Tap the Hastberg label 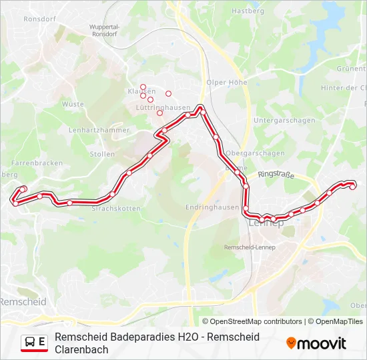tap(248, 11)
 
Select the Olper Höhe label tap(227, 83)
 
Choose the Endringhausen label tap(214, 207)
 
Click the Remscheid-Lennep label tap(250, 247)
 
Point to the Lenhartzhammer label tap(99, 130)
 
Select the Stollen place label tap(102, 154)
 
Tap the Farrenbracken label tap(37, 163)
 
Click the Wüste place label tap(73, 104)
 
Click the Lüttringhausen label tap(150, 107)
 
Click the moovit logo tap(316, 343)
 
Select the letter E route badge tap(42, 342)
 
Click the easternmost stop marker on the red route tap(353, 187)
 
